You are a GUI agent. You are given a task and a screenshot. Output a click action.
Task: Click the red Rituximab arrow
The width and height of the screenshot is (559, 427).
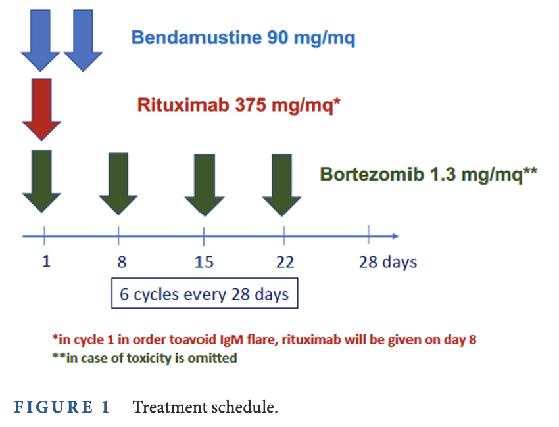click(41, 109)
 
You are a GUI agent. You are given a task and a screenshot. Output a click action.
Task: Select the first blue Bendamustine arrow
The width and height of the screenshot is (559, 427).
click(40, 41)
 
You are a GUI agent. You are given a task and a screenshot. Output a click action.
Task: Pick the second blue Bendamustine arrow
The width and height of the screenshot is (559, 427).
click(83, 41)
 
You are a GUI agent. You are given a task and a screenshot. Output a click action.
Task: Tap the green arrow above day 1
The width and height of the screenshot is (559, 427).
click(41, 181)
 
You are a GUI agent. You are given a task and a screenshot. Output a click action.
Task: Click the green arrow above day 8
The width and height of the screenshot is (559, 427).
click(118, 184)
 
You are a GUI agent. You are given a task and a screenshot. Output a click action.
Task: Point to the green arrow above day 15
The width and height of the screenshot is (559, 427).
click(205, 185)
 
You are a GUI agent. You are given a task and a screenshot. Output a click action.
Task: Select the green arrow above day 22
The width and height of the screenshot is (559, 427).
click(281, 185)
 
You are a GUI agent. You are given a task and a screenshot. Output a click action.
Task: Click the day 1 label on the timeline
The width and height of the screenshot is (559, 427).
click(46, 261)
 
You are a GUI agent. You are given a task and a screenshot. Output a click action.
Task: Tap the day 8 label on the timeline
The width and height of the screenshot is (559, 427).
click(122, 261)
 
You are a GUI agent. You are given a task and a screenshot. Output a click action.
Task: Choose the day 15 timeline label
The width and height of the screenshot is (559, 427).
click(204, 262)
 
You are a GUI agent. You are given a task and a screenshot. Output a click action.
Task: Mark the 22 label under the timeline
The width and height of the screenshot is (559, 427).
click(285, 262)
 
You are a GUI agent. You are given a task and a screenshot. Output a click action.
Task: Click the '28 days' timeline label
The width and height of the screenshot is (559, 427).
click(388, 263)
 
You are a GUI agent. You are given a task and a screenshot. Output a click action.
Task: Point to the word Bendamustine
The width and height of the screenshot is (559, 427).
click(197, 37)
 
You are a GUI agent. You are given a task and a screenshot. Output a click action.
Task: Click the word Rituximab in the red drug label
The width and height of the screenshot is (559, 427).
click(183, 104)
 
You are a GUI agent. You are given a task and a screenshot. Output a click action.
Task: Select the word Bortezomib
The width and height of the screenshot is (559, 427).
click(372, 174)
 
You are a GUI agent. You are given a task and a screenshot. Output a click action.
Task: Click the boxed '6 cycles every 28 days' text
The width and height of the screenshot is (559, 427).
click(205, 294)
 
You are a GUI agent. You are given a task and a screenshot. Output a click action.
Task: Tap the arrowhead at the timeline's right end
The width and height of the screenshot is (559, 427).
click(395, 236)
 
